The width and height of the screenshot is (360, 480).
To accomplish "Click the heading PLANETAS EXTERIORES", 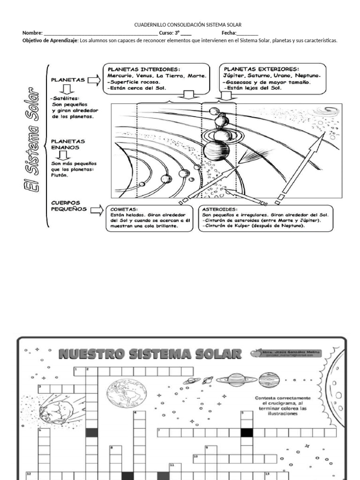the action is tap(262, 68).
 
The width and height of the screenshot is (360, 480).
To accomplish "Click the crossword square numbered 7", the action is tap(163, 432).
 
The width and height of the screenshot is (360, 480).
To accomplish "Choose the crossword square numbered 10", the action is tap(198, 458).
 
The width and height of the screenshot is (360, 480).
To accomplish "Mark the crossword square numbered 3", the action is tap(44, 388).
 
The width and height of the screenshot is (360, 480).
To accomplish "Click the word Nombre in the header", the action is tap(32, 33).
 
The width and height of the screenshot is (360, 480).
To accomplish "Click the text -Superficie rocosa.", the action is tap(134, 82).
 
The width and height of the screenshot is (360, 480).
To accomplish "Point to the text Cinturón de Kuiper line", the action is tap(254, 226).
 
